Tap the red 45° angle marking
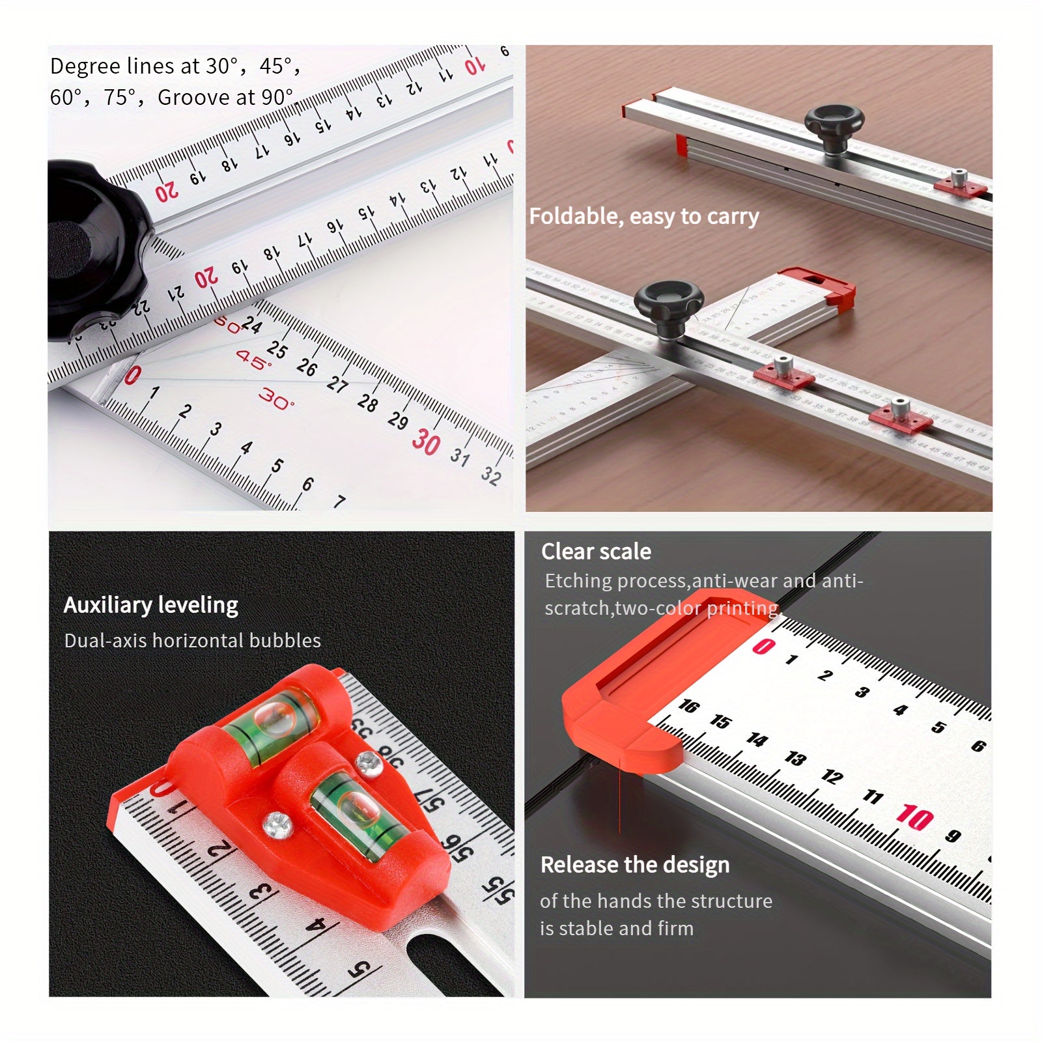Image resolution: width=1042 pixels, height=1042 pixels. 253,359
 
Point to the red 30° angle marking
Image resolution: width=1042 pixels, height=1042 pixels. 276,399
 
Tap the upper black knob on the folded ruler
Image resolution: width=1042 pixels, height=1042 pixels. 834,125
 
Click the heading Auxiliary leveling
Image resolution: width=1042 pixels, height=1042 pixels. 151,605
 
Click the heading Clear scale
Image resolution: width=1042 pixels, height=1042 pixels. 596,552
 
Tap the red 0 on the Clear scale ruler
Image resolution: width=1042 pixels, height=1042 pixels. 763,646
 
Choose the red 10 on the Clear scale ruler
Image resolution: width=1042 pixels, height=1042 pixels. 914,817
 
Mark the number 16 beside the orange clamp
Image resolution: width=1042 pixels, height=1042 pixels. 688,706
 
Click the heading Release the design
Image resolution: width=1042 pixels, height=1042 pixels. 635,865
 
